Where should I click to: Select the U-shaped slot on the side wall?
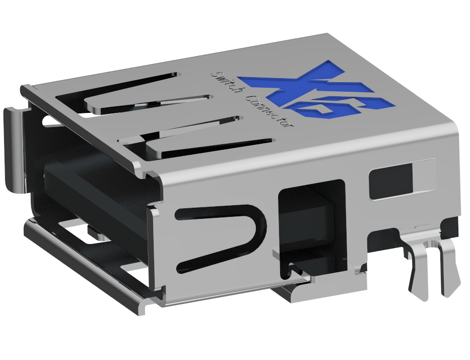pyautogui.click(x=222, y=237)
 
